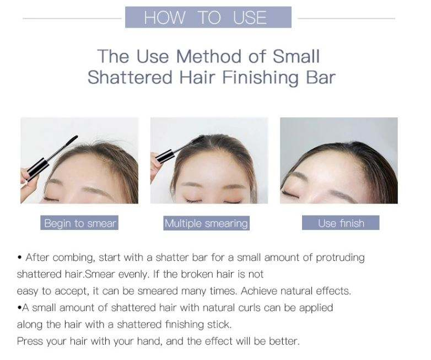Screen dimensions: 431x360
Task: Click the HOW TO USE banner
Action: (x=208, y=17)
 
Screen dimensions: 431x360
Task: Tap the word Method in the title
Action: (x=209, y=56)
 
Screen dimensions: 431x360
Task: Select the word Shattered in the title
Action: (x=130, y=77)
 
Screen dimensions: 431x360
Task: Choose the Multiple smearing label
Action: (x=206, y=223)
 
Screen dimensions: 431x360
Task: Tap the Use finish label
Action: (x=341, y=223)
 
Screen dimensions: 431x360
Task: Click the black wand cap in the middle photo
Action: (x=165, y=155)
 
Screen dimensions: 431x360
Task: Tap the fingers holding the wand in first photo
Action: (x=28, y=181)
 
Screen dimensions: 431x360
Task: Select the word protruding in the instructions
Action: (x=340, y=258)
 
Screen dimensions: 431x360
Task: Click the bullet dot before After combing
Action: (x=19, y=258)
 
